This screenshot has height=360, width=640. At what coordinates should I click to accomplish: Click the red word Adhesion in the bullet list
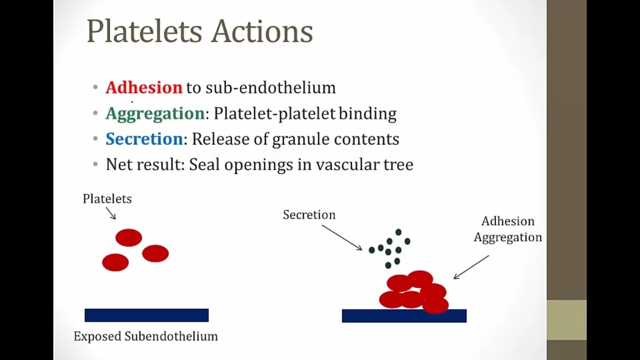point(144,87)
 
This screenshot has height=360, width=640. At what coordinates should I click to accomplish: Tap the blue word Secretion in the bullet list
point(144,139)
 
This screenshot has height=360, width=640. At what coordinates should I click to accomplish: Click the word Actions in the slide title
point(262,31)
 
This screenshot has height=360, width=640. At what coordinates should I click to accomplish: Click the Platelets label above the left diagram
point(107,198)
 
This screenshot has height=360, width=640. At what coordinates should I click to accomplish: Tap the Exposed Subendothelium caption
point(145,336)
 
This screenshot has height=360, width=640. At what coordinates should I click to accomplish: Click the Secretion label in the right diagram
point(309,214)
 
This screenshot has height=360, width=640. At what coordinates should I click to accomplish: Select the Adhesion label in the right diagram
point(507,221)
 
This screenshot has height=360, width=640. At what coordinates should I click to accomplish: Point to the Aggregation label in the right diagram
point(507,237)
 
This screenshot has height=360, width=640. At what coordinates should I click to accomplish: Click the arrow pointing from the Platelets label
point(111,213)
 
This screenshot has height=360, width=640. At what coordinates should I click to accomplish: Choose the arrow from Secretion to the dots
point(342,237)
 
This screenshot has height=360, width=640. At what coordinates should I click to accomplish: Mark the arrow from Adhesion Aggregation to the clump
point(471,267)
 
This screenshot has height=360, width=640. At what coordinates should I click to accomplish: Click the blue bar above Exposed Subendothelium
point(146,315)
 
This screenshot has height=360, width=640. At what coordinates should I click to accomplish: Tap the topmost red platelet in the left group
point(128,237)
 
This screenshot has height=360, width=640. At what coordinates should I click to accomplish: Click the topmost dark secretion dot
point(398,231)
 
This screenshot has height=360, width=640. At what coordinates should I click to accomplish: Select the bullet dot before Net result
point(95,164)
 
